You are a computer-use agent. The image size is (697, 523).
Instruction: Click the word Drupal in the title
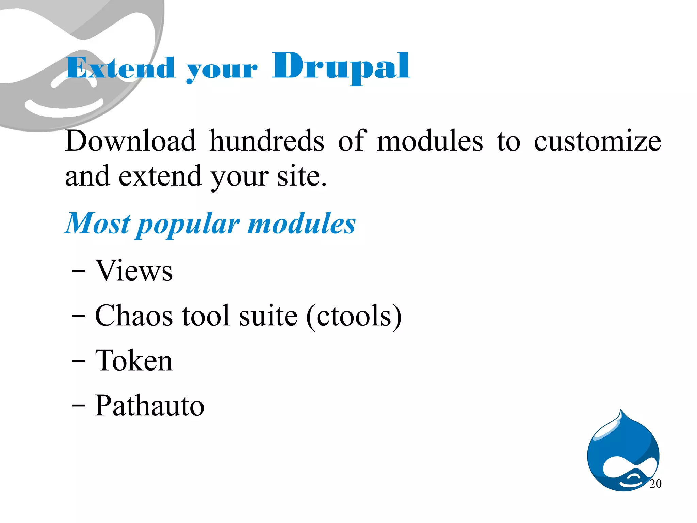(341, 66)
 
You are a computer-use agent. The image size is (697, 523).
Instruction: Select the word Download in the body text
(131, 141)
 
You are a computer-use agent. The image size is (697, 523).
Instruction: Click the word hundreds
(267, 141)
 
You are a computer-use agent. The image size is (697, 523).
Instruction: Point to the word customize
(597, 142)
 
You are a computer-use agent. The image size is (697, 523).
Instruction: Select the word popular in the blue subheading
(189, 225)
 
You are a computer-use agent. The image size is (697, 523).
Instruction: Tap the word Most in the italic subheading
(98, 224)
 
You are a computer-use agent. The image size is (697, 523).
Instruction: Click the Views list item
(134, 271)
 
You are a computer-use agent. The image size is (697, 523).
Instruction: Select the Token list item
(134, 361)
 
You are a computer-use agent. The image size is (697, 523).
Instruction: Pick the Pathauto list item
(149, 405)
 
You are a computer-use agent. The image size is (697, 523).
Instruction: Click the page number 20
(655, 483)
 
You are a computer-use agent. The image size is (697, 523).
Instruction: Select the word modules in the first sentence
(430, 141)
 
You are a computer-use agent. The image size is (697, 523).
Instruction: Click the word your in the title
(222, 70)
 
